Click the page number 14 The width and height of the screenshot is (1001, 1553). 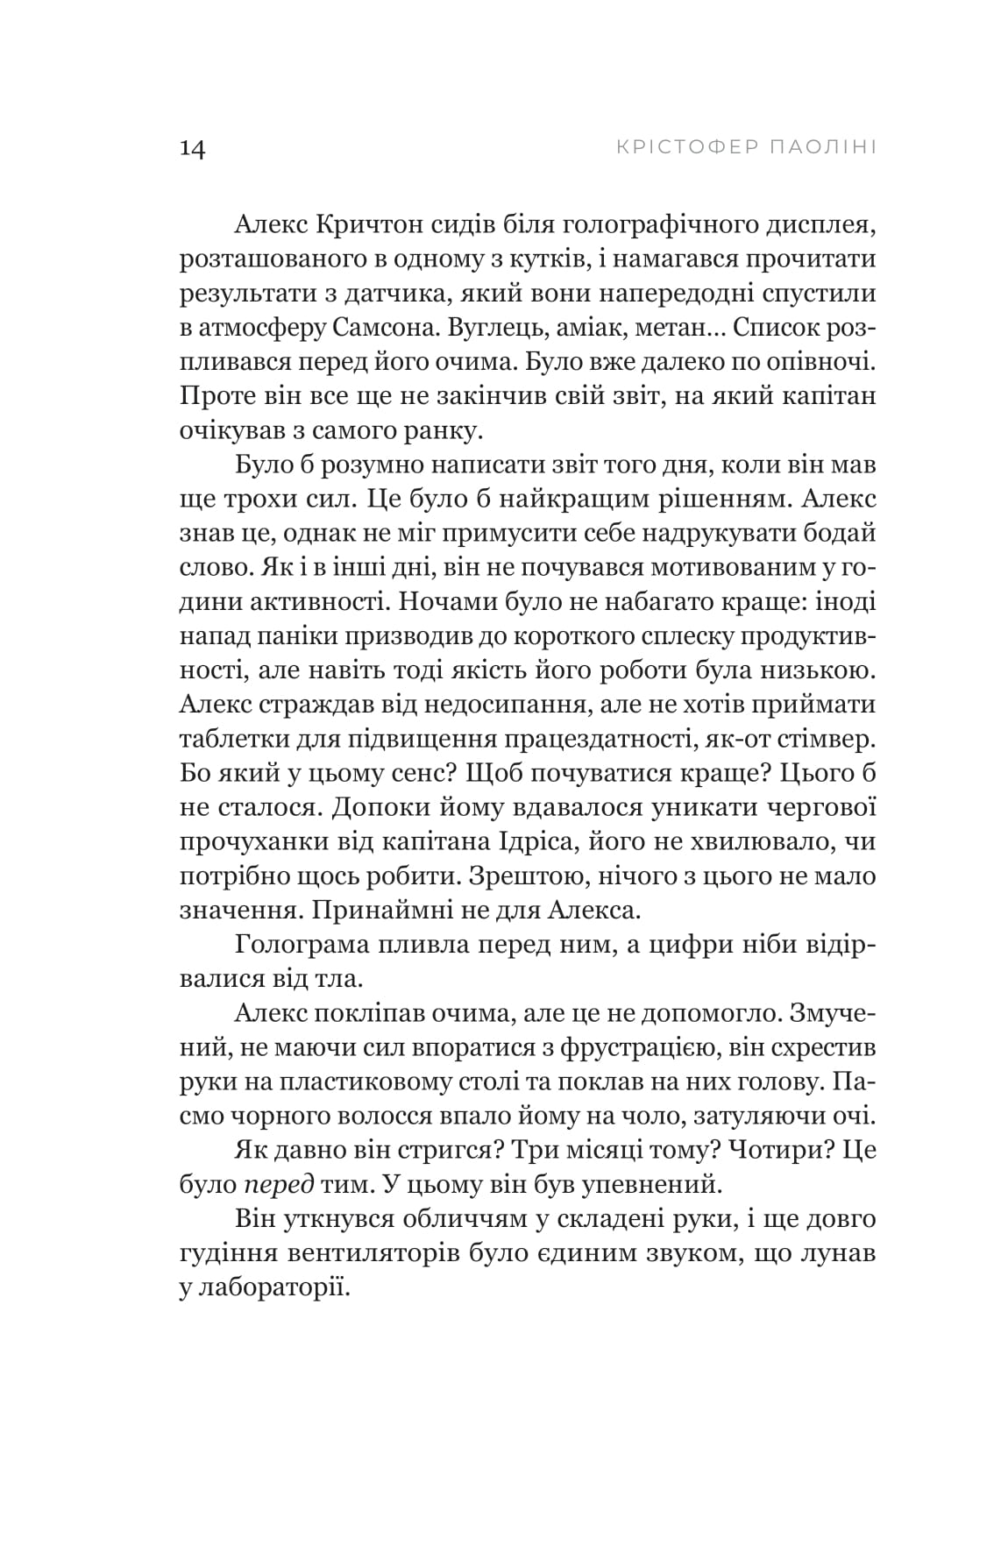point(192,148)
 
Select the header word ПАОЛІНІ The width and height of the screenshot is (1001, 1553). point(820,146)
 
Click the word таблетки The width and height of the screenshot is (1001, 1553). point(230,741)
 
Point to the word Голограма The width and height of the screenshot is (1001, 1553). point(301,944)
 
